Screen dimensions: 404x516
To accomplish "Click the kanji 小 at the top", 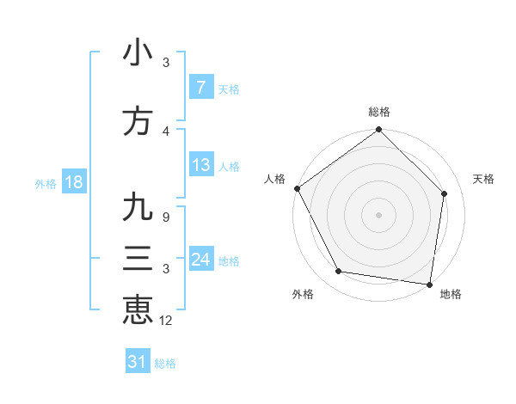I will pyautogui.click(x=138, y=52).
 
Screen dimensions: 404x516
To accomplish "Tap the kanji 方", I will pyautogui.click(x=138, y=121).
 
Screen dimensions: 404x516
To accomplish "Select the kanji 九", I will pyautogui.click(x=138, y=207).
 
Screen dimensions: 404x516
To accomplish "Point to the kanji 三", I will pyautogui.click(x=138, y=259).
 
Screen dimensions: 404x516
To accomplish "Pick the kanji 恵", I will pyautogui.click(x=138, y=309).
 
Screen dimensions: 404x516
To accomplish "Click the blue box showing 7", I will pyautogui.click(x=200, y=88).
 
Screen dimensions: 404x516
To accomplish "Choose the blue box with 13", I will pyautogui.click(x=200, y=166).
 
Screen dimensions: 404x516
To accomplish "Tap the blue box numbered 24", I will pyautogui.click(x=200, y=260).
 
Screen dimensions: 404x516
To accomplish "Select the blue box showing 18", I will pyautogui.click(x=73, y=182).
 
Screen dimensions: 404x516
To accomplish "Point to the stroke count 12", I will pyautogui.click(x=167, y=321).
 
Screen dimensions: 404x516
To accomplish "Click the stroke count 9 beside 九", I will pyautogui.click(x=165, y=217).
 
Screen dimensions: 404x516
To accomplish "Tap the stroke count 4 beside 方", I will pyautogui.click(x=166, y=131).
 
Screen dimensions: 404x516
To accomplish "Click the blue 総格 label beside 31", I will pyautogui.click(x=165, y=364).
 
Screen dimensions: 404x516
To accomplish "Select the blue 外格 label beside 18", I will pyautogui.click(x=46, y=183).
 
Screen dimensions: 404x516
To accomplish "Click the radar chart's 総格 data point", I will pyautogui.click(x=378, y=130).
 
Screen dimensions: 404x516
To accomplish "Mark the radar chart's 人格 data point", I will pyautogui.click(x=297, y=188).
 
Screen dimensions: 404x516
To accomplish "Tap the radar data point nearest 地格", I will pyautogui.click(x=429, y=284).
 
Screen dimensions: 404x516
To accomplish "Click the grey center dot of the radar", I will pyautogui.click(x=378, y=214).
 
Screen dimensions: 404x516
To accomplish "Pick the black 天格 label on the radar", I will pyautogui.click(x=484, y=180).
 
